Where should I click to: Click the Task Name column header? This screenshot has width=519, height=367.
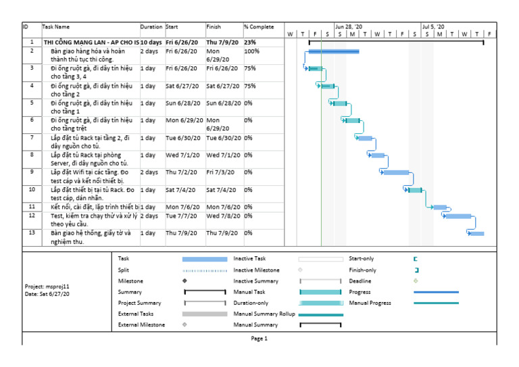[x=56, y=27]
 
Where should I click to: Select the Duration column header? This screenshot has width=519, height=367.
[x=151, y=27]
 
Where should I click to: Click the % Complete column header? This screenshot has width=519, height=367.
[x=259, y=27]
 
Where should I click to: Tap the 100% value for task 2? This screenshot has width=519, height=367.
[x=251, y=51]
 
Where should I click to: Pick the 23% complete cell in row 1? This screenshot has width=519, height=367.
[x=249, y=42]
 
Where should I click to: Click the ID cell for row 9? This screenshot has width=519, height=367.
[x=31, y=172]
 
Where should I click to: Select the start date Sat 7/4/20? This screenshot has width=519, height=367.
[x=178, y=190]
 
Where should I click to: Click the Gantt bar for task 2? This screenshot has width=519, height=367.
[x=334, y=51]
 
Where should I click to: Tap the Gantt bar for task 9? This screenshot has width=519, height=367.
[x=396, y=172]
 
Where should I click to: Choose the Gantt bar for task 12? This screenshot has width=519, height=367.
[x=458, y=216]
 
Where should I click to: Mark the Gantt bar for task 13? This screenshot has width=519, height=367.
[x=476, y=233]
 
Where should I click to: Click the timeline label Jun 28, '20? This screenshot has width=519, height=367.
[x=349, y=27]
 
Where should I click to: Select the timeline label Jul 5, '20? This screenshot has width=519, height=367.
[x=433, y=27]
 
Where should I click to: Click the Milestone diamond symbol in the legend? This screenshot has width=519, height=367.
[x=184, y=280]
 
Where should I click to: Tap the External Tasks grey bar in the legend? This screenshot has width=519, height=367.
[x=204, y=314]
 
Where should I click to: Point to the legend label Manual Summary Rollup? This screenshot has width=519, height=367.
[x=264, y=314]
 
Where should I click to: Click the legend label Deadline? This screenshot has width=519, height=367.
[x=360, y=280]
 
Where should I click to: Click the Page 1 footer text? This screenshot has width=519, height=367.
[x=259, y=339]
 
